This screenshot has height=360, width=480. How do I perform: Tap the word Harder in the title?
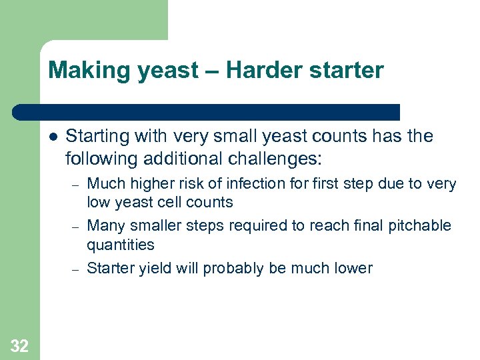pos(257,70)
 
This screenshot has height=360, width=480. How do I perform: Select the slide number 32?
pos(19,345)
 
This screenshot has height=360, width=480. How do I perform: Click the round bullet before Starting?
pos(52,137)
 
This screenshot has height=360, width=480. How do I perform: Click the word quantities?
pos(120,245)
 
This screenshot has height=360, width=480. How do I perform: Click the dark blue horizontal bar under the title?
pos(207,111)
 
